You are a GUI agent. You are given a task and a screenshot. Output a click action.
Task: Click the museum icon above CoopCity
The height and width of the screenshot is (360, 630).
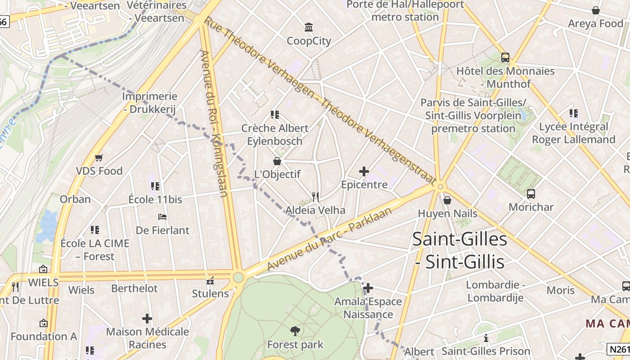(x=309, y=27)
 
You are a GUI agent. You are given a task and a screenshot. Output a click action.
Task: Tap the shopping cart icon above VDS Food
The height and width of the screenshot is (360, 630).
(x=99, y=158)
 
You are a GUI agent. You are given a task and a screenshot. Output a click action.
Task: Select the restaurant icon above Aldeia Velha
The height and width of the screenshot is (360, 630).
(x=315, y=197)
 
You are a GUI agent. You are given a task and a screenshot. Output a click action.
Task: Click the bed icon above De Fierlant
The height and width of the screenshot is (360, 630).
(x=163, y=217)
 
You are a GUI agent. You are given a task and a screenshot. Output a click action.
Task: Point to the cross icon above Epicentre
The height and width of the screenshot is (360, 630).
(x=364, y=171)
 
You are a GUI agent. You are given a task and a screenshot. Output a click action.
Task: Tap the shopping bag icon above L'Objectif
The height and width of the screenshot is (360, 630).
(x=277, y=161)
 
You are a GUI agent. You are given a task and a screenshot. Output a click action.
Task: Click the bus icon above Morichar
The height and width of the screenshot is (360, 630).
(x=531, y=194)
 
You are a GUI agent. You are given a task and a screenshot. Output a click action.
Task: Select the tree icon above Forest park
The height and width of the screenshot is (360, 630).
(x=295, y=332)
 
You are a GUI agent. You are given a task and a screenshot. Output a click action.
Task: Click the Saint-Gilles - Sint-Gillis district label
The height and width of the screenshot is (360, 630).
(x=459, y=250)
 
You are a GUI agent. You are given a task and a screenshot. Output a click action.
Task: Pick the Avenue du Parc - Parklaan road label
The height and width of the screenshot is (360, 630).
(x=329, y=240)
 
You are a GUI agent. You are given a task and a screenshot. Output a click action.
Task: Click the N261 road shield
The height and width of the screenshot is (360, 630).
(x=618, y=349)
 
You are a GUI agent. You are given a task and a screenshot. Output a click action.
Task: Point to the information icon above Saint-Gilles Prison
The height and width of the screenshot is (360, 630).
(x=486, y=338)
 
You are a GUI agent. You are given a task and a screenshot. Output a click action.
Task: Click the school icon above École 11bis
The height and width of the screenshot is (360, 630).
(x=155, y=186)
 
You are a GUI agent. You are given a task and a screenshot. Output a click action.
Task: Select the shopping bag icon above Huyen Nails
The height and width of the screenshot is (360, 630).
(x=447, y=200)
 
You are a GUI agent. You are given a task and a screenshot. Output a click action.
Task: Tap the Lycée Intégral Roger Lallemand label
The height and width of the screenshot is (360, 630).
(x=573, y=133)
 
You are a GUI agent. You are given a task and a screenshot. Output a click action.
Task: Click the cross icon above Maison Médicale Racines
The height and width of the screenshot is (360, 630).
(x=147, y=319)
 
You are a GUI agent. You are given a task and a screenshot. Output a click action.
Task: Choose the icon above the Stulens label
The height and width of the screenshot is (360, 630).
(x=210, y=281)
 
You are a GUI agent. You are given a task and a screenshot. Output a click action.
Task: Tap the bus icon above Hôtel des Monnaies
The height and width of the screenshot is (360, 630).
(x=505, y=58)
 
